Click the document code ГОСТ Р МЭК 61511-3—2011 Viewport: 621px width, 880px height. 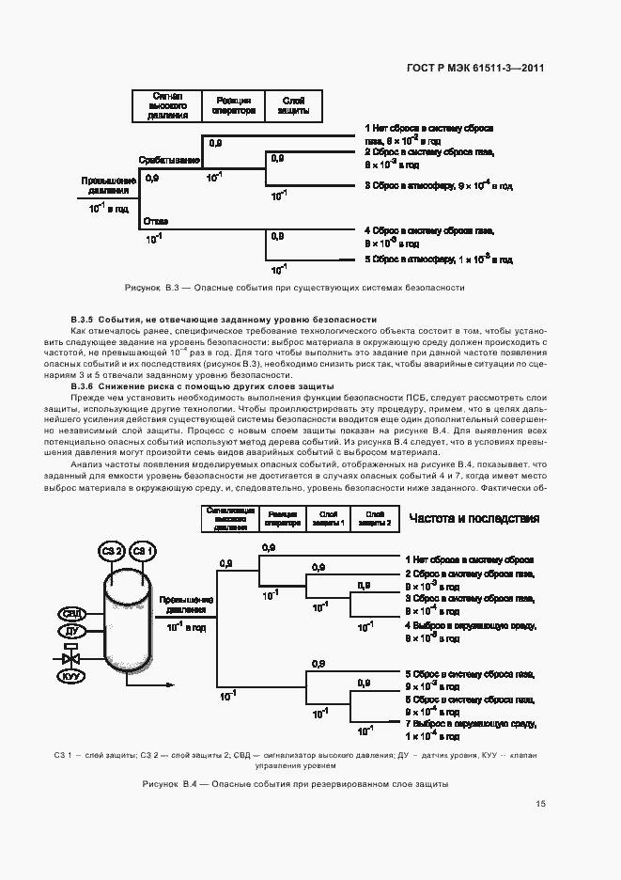476,68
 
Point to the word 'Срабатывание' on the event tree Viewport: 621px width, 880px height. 169,160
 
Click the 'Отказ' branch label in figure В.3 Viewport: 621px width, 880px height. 156,221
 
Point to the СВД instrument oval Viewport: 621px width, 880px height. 71,613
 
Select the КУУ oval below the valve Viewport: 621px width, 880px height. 71,676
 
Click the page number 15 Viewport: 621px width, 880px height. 540,804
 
